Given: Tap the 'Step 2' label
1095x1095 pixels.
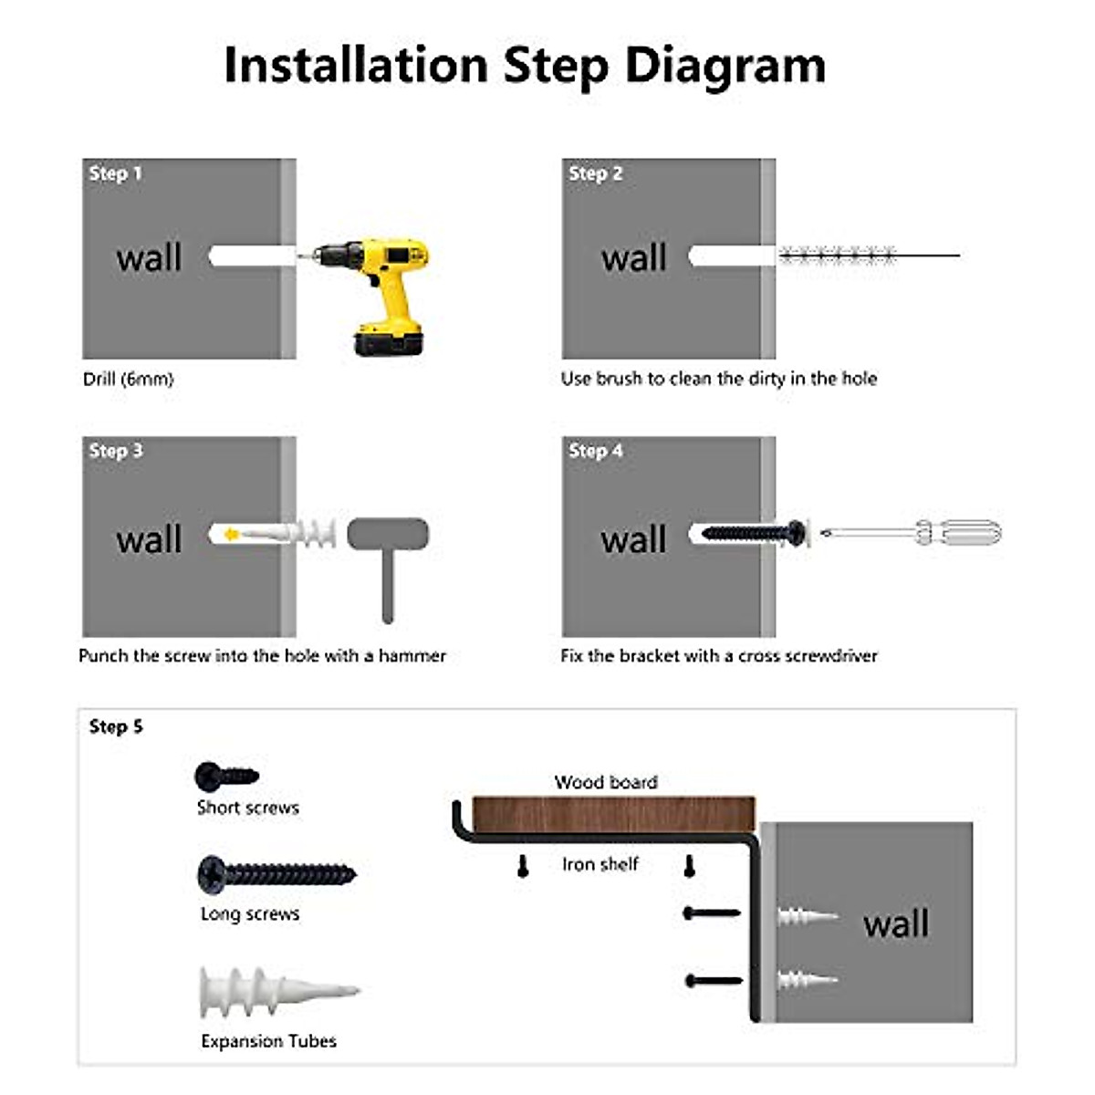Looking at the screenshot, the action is tap(595, 173).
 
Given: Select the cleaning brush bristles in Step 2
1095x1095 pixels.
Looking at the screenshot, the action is tap(836, 255).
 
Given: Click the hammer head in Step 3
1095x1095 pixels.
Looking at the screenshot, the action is tap(388, 534).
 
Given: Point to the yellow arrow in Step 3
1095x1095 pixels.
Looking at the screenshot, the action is tap(232, 534).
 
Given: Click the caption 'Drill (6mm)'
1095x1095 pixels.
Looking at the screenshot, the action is tap(128, 379).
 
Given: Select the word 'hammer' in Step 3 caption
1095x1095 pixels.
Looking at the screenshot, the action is tap(412, 655).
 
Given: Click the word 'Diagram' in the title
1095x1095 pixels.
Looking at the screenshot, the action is tap(725, 66).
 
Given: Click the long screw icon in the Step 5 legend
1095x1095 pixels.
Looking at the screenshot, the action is tap(276, 874).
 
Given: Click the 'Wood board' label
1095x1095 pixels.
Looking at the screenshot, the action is tap(606, 782).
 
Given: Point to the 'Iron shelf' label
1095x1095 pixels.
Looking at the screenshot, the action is tap(600, 864).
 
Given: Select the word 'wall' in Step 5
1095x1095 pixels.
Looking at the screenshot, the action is tap(896, 923).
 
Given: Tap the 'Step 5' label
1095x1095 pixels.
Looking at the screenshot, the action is tap(116, 726).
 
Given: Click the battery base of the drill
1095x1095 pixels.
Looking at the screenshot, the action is tap(388, 343).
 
